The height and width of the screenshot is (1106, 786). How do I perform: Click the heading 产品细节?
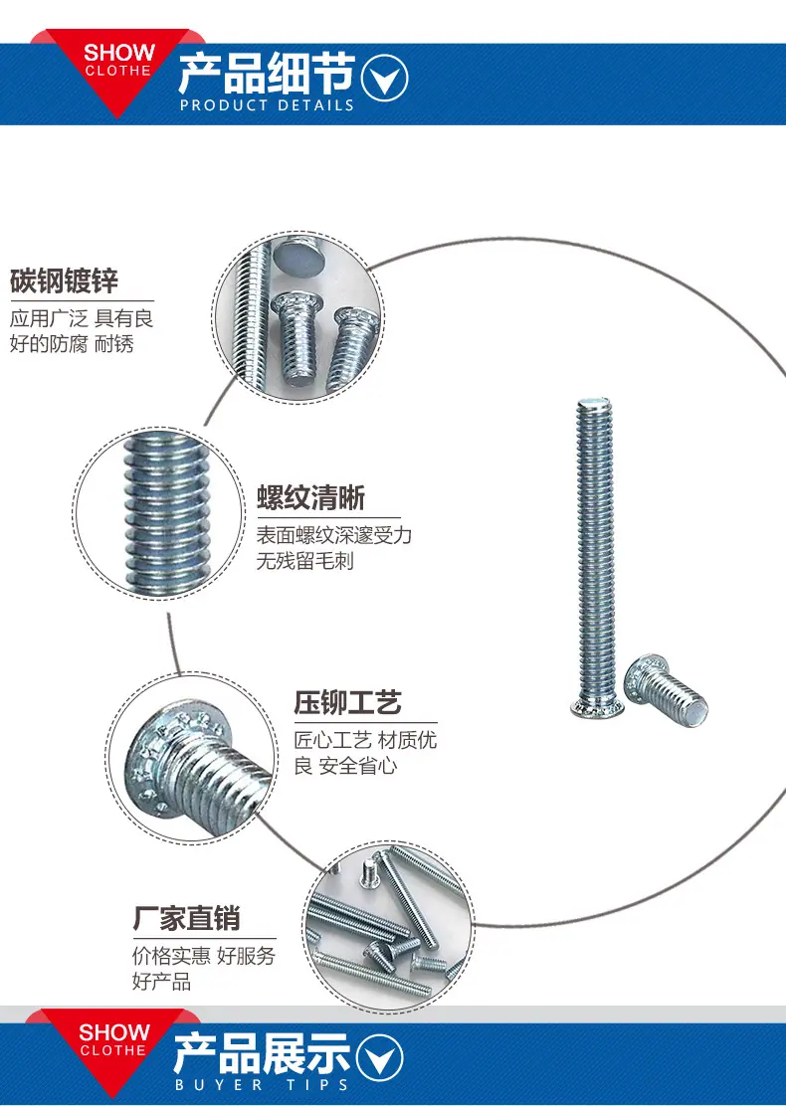pos(266,74)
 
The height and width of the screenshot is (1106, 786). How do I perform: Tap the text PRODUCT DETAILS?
pos(267,105)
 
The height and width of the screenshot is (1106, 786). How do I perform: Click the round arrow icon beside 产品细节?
pos(384,77)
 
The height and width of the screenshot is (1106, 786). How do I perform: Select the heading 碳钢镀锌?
pos(65,280)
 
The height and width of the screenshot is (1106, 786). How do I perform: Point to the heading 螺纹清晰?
pos(310,498)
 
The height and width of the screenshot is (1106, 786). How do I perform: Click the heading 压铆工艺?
pos(348,702)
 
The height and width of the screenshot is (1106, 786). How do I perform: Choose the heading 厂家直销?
pos(187,918)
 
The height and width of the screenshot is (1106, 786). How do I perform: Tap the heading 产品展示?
pos(262,1054)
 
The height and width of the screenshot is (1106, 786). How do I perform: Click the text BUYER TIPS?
pos(262,1085)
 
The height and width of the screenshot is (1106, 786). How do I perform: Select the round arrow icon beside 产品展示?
pos(380,1057)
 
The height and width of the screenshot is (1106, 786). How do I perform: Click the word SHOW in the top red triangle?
pos(119,52)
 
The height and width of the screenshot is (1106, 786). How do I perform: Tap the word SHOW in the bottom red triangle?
pos(114,1032)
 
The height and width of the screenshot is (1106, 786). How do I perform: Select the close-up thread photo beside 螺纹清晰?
pos(159,513)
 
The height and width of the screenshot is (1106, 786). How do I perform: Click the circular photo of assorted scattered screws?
pos(389,928)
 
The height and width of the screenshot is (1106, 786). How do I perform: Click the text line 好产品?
pos(161,981)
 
